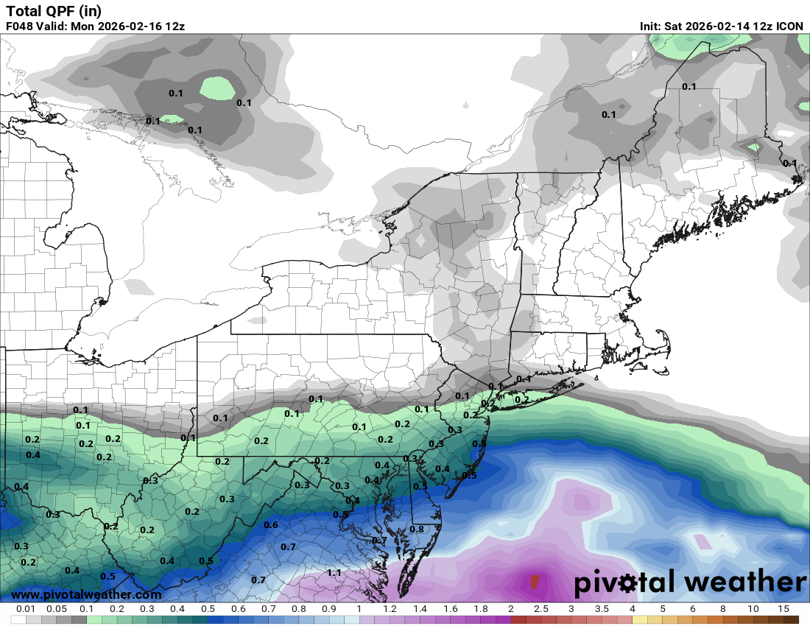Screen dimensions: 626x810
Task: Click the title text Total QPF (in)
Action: pyautogui.click(x=54, y=10)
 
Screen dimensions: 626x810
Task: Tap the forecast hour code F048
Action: pyautogui.click(x=21, y=27)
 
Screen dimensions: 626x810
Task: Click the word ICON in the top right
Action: pyautogui.click(x=790, y=27)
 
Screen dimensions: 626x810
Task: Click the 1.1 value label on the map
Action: pyautogui.click(x=334, y=572)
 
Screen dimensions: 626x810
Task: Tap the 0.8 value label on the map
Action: pyautogui.click(x=417, y=529)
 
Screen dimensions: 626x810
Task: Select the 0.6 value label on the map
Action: pyautogui.click(x=271, y=524)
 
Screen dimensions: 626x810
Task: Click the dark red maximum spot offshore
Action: pyautogui.click(x=535, y=582)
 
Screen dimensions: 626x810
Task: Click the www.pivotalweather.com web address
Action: pyautogui.click(x=87, y=594)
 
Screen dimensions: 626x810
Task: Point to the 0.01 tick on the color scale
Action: pyautogui.click(x=26, y=609)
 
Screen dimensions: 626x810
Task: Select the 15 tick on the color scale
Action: pyautogui.click(x=783, y=609)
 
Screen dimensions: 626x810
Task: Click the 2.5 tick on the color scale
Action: pyautogui.click(x=540, y=609)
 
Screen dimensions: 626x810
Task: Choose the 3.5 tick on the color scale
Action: pyautogui.click(x=602, y=609)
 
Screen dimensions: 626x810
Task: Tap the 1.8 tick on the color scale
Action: pyautogui.click(x=480, y=609)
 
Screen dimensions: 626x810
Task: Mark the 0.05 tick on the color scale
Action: pyautogui.click(x=56, y=609)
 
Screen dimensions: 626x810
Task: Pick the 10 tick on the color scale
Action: pyautogui.click(x=753, y=609)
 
